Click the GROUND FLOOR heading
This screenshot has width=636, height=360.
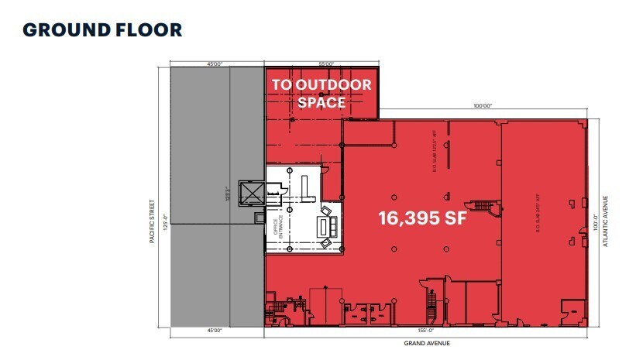[102, 30]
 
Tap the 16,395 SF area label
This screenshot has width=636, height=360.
[423, 218]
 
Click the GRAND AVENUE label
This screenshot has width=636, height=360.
[427, 343]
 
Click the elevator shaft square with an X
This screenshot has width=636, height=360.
[253, 193]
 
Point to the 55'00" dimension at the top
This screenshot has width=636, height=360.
[325, 63]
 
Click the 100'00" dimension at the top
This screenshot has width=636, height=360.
[481, 106]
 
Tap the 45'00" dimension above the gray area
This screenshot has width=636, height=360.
[215, 63]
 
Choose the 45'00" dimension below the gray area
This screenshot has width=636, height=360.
[215, 331]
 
